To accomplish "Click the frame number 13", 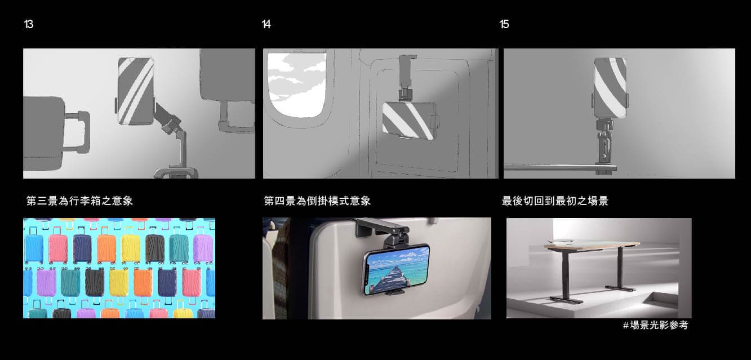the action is click(29, 24).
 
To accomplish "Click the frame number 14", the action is click(266, 24).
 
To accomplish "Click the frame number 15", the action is click(504, 24).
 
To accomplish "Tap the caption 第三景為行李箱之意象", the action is click(79, 201).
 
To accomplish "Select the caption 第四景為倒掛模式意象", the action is click(317, 201).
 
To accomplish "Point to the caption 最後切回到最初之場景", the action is click(555, 201).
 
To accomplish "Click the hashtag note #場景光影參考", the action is click(655, 325).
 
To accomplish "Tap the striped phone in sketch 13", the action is click(136, 91).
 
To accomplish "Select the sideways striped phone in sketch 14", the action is click(410, 121).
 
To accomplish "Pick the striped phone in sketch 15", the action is click(610, 88).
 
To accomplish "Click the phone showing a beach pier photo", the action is click(397, 270).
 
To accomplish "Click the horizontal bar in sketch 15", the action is click(560, 167).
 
